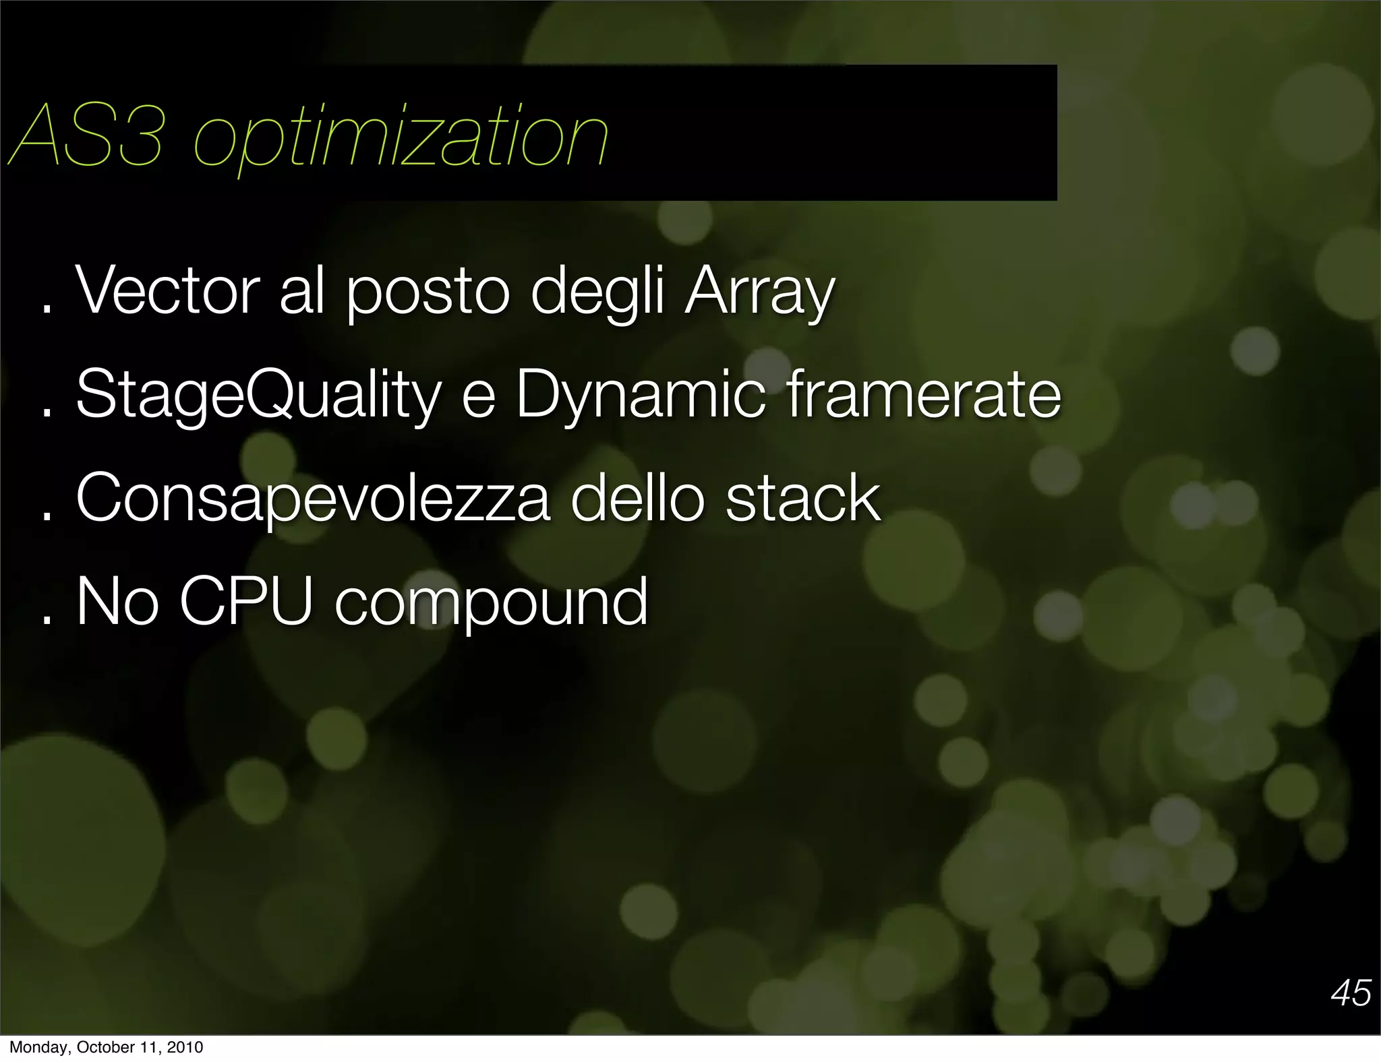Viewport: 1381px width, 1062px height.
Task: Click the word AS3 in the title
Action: pos(86,137)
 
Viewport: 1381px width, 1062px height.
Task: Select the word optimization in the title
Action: pos(401,138)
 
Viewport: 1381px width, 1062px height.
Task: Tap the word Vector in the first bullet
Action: pos(168,291)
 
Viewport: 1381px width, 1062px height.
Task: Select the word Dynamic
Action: pos(641,396)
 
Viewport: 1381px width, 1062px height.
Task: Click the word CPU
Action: pos(246,601)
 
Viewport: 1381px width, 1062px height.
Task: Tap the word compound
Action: pos(491,604)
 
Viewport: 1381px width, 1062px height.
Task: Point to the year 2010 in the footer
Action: pos(185,1047)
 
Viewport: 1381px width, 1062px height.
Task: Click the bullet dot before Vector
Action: pos(47,309)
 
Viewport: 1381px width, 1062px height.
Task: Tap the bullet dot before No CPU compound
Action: pos(47,619)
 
